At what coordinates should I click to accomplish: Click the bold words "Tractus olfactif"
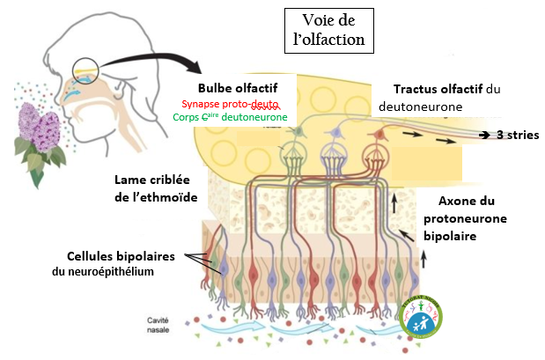(438, 90)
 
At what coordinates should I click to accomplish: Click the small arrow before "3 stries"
(483, 135)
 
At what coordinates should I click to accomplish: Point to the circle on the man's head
(87, 70)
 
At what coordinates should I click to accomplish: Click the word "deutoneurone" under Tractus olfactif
(417, 107)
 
